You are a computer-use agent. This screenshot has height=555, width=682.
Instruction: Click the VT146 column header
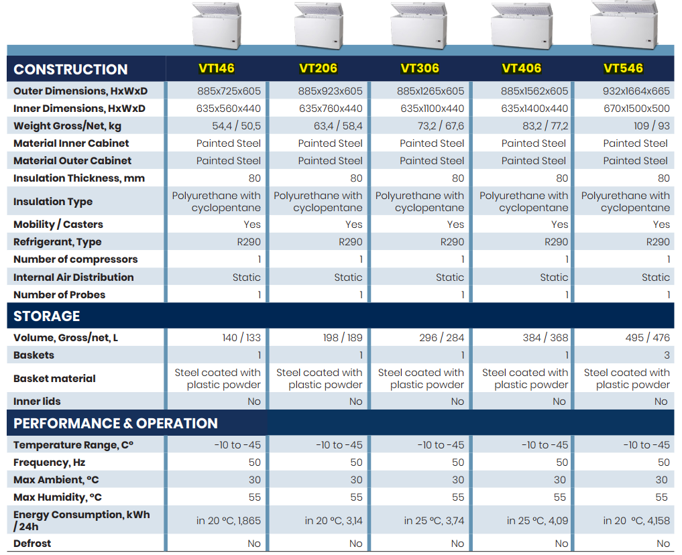click(x=216, y=68)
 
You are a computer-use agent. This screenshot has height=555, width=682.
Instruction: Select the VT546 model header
click(x=623, y=68)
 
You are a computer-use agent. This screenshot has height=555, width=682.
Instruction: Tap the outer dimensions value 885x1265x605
click(x=430, y=91)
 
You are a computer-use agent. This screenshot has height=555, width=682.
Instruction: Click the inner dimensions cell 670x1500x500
click(x=636, y=108)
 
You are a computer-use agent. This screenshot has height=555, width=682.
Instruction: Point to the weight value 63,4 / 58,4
click(x=338, y=125)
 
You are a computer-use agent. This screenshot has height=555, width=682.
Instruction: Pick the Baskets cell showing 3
click(x=667, y=355)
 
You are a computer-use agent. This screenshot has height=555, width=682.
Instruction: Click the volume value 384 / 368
click(x=545, y=338)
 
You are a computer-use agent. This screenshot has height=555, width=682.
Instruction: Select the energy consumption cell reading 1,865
click(x=229, y=520)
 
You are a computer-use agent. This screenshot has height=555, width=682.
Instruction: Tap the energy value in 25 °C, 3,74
click(x=434, y=520)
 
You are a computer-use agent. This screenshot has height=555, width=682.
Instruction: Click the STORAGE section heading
click(x=46, y=316)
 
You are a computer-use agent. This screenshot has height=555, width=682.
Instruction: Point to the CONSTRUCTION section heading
click(x=70, y=69)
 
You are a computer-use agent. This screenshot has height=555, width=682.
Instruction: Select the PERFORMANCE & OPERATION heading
click(x=115, y=424)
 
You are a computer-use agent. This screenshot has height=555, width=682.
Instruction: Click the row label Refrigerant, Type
click(x=58, y=242)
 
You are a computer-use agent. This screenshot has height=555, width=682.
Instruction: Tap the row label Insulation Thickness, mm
click(x=78, y=178)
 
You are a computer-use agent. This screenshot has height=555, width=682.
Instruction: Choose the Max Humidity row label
click(x=58, y=497)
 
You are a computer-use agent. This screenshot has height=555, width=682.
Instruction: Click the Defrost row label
click(x=32, y=543)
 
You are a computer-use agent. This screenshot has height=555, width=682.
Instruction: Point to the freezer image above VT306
click(x=418, y=25)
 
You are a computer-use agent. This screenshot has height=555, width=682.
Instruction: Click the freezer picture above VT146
click(x=217, y=25)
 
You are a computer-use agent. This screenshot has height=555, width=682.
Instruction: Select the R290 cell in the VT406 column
click(x=557, y=242)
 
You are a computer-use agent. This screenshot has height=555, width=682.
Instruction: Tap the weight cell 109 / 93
click(x=652, y=125)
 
